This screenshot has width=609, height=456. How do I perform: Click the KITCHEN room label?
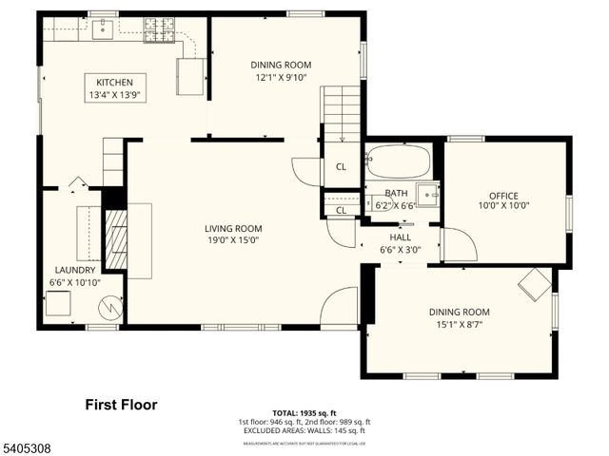click(x=114, y=82)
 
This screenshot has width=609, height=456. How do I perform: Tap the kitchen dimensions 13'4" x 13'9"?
click(x=114, y=95)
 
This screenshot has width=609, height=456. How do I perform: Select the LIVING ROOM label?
click(x=232, y=228)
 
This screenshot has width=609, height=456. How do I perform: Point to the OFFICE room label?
click(x=503, y=196)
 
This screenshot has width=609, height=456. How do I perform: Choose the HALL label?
click(x=400, y=237)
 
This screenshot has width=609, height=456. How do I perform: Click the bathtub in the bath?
click(x=398, y=161)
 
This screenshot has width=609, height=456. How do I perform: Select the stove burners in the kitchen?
click(x=160, y=30)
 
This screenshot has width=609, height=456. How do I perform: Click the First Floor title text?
click(x=121, y=405)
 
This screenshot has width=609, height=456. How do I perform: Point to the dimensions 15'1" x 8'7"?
click(x=458, y=325)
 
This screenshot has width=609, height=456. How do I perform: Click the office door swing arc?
click(x=459, y=245)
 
